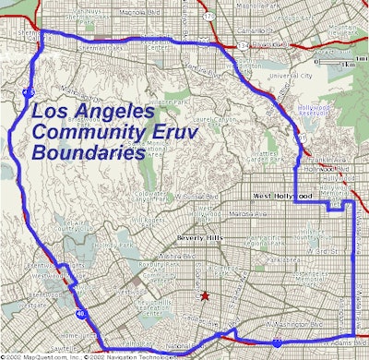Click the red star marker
point(204,296)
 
